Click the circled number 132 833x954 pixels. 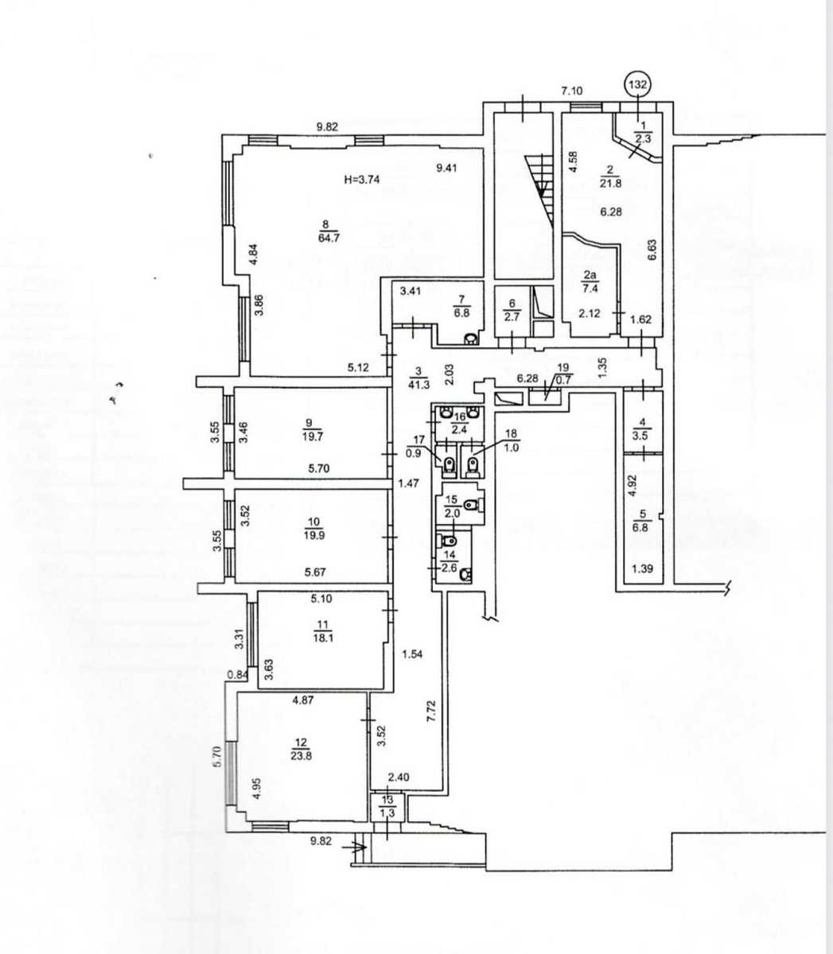tap(638, 85)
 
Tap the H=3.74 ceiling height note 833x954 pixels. tap(362, 180)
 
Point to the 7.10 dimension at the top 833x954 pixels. tap(572, 91)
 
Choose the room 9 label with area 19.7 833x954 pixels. tap(311, 430)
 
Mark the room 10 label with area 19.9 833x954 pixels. tap(313, 529)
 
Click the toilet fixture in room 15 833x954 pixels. tap(473, 504)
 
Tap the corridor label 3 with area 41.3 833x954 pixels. tap(418, 378)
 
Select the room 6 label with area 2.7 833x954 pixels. tap(512, 309)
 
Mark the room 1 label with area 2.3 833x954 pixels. tap(643, 132)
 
